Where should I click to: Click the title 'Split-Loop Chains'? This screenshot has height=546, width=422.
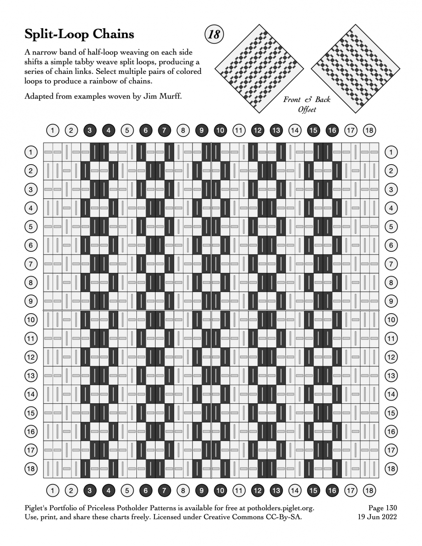pyautogui.click(x=79, y=34)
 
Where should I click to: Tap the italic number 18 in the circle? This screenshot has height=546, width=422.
pyautogui.click(x=214, y=34)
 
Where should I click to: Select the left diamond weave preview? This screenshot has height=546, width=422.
pyautogui.click(x=260, y=69)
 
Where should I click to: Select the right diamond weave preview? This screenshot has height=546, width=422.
pyautogui.click(x=356, y=69)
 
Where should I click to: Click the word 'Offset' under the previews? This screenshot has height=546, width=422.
pyautogui.click(x=307, y=109)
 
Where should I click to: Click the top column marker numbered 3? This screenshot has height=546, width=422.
pyautogui.click(x=90, y=130)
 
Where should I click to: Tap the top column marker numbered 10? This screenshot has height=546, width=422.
pyautogui.click(x=220, y=130)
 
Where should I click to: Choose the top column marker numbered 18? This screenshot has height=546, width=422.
pyautogui.click(x=369, y=130)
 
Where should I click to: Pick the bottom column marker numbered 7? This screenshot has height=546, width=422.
pyautogui.click(x=164, y=490)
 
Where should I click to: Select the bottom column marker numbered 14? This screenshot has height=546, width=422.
pyautogui.click(x=295, y=490)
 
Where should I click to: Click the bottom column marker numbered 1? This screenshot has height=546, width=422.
pyautogui.click(x=52, y=490)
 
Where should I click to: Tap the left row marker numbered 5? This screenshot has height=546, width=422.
pyautogui.click(x=31, y=227)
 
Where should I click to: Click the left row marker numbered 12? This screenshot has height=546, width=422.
pyautogui.click(x=31, y=357)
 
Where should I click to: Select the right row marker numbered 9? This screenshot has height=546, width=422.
pyautogui.click(x=391, y=301)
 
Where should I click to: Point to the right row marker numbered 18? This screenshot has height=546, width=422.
pyautogui.click(x=391, y=469)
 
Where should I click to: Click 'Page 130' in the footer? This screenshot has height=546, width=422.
pyautogui.click(x=382, y=508)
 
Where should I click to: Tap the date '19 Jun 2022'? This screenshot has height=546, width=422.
pyautogui.click(x=377, y=517)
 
